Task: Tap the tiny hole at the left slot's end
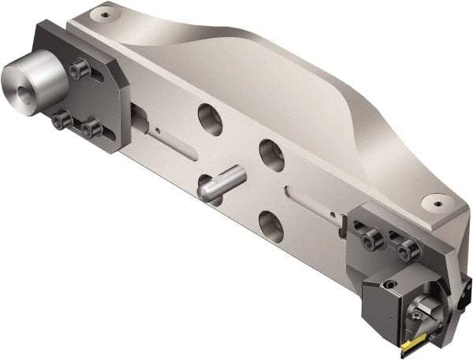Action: [158, 131]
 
